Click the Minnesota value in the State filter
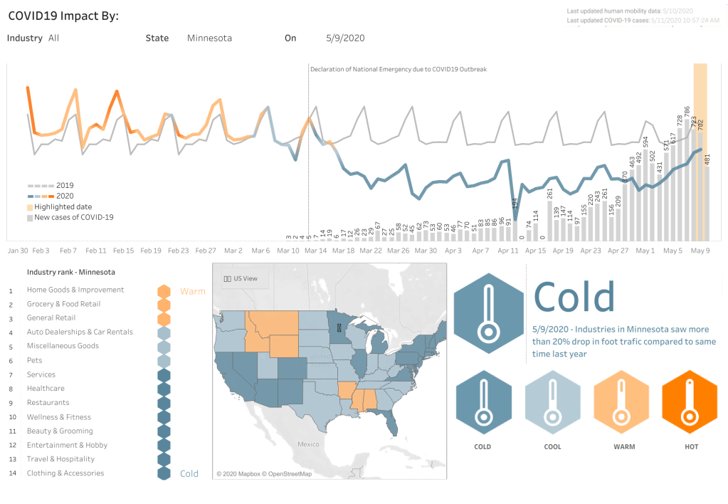click(209, 38)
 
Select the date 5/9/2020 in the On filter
click(345, 38)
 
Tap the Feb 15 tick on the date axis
click(123, 251)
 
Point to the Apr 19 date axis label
click(563, 251)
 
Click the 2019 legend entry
click(65, 186)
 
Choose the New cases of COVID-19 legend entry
click(73, 217)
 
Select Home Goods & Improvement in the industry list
click(75, 290)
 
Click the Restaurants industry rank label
click(48, 403)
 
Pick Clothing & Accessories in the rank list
click(65, 473)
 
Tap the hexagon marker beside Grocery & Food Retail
click(164, 305)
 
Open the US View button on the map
click(241, 278)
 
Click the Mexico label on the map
click(309, 444)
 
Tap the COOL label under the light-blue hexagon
click(552, 447)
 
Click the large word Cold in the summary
click(574, 297)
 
